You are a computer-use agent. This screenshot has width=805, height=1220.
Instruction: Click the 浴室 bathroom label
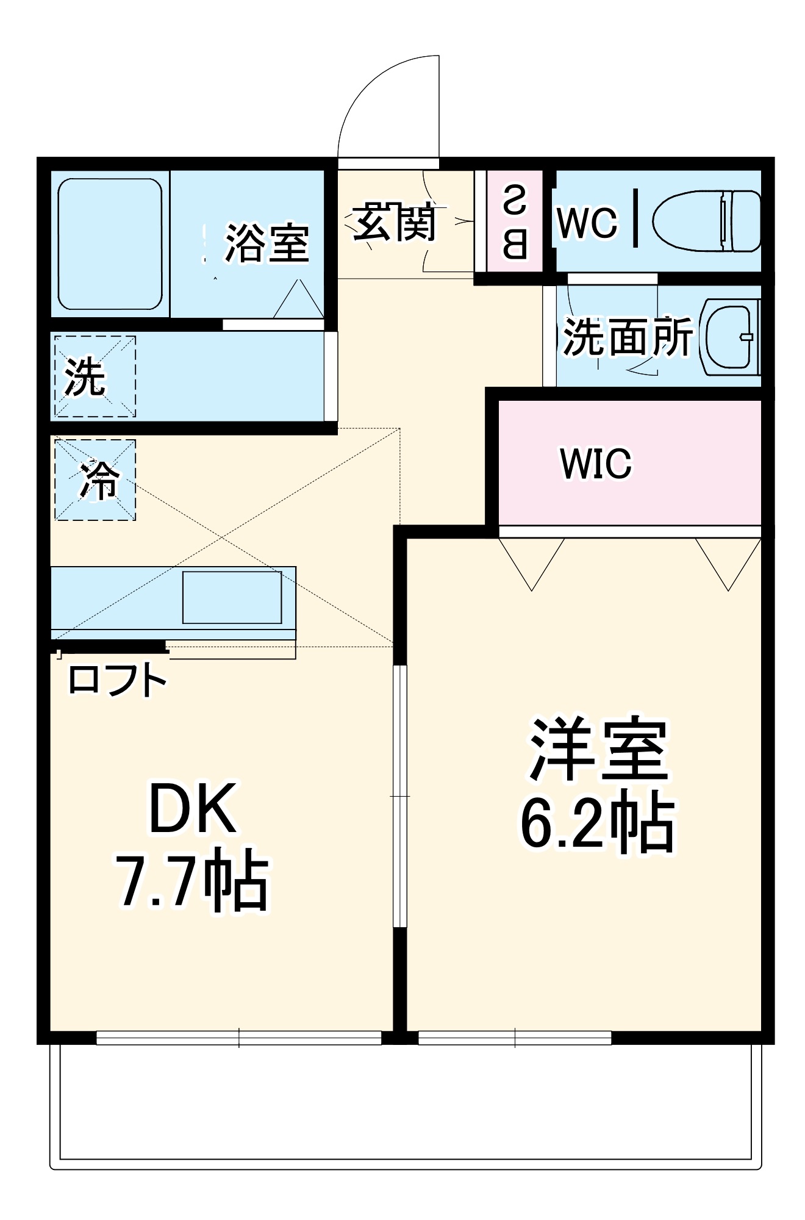coord(267,243)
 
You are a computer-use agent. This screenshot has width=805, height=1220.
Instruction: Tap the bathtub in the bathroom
coord(110,244)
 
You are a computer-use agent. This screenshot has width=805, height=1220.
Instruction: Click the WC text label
coord(587,223)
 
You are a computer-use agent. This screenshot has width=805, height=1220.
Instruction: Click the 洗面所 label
coord(627,337)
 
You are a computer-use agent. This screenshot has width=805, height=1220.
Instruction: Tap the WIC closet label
coord(596,464)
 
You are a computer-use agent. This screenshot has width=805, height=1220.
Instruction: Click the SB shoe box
coord(515,222)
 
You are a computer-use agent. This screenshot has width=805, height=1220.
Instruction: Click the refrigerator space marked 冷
coord(96,480)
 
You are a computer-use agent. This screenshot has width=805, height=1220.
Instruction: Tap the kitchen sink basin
coord(232,597)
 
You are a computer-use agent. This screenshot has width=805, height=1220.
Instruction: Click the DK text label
coord(193,809)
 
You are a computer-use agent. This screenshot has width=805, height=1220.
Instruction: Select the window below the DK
coord(238,1037)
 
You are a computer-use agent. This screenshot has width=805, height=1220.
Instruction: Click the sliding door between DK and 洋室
coord(399,796)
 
